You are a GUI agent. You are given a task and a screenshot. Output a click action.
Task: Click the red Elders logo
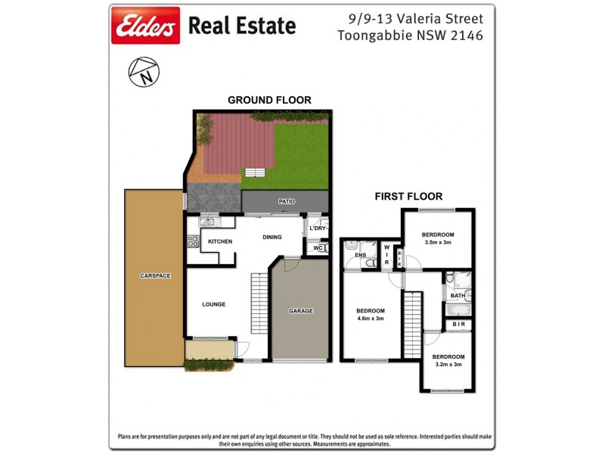pyautogui.click(x=145, y=26)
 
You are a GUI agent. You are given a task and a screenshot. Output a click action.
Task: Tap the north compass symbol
pyautogui.click(x=144, y=73)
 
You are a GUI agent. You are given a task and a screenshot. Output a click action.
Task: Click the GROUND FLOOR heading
pyautogui.click(x=269, y=100)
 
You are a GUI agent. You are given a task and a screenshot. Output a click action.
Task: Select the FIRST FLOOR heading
pyautogui.click(x=408, y=196)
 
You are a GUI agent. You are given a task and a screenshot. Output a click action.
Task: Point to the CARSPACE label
pyautogui.click(x=155, y=275)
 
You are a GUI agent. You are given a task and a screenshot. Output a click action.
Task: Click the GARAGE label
pyautogui.click(x=300, y=311)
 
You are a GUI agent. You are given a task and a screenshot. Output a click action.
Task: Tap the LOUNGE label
pyautogui.click(x=214, y=304)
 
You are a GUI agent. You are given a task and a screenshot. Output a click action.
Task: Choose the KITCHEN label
pyautogui.click(x=220, y=241)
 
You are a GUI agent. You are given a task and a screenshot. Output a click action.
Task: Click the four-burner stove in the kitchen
pyautogui.click(x=193, y=242)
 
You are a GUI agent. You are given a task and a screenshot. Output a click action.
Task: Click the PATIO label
pyautogui.click(x=286, y=201)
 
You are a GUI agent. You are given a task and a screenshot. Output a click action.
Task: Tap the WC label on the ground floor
pyautogui.click(x=318, y=247)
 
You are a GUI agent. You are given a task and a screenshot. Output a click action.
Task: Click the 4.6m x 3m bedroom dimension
pyautogui.click(x=371, y=319)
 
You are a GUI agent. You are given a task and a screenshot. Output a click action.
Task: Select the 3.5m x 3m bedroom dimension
pyautogui.click(x=436, y=243)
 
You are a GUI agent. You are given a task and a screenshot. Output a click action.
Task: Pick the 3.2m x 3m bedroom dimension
pyautogui.click(x=448, y=364)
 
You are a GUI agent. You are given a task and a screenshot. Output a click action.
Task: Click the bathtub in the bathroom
pyautogui.click(x=459, y=309)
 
